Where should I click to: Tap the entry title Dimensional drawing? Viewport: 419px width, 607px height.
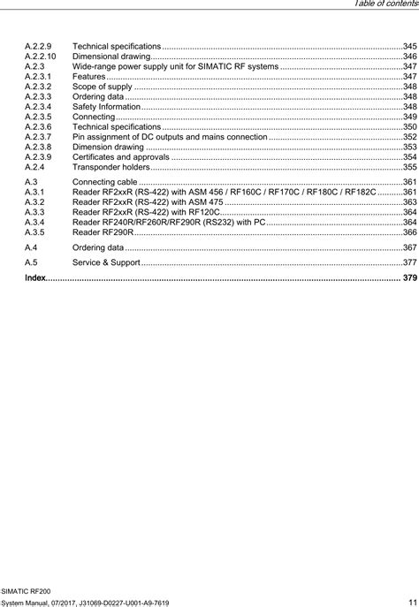click(x=110, y=56)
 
